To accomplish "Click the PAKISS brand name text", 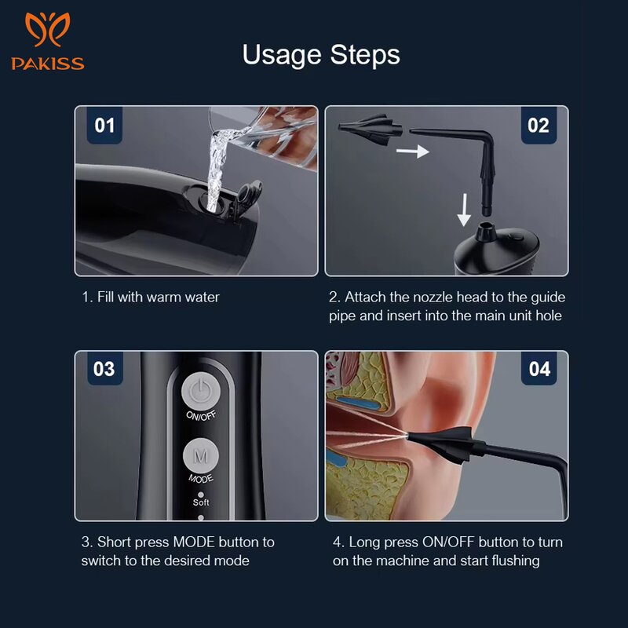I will click(48, 64).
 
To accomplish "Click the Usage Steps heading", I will click(321, 55).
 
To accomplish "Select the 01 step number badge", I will click(104, 126).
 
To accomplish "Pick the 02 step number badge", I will click(539, 126).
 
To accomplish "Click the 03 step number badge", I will click(104, 369).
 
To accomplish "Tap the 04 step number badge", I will click(539, 369).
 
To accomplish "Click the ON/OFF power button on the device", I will click(201, 392).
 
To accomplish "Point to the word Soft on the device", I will click(201, 502).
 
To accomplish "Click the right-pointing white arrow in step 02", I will click(412, 150).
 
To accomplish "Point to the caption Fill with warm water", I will click(151, 298).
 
